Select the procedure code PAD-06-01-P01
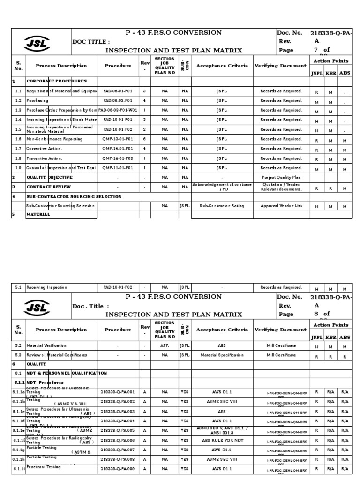118,91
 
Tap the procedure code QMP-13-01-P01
118,139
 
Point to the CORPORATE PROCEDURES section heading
56,81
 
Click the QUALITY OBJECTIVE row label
49,178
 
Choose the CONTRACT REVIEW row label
48,187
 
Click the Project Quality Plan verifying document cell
281,178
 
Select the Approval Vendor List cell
281,206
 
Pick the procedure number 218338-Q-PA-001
118,392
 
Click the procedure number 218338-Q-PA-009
118,469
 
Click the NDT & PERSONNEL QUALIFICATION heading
67,373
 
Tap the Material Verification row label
46,345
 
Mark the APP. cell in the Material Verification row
165,345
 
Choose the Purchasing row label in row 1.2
37,101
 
